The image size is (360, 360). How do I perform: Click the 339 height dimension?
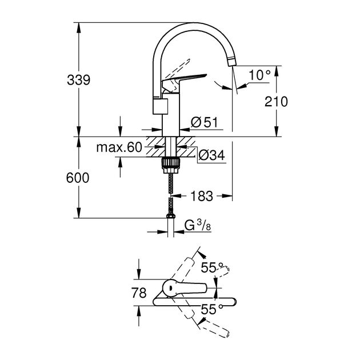79,81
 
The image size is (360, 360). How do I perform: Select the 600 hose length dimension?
78,178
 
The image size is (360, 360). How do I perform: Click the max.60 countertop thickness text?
118,148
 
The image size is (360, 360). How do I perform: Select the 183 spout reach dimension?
201,196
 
